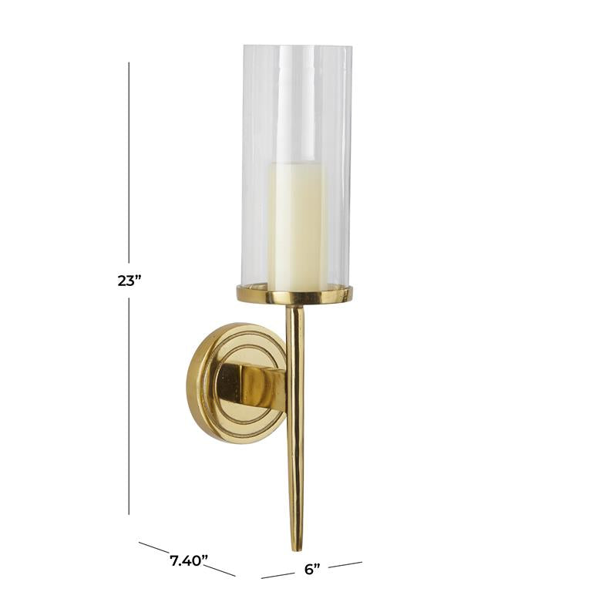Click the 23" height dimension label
[129, 281]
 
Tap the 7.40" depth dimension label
[189, 560]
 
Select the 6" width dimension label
[312, 569]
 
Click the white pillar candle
[297, 226]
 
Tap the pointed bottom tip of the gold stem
[296, 550]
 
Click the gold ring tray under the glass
[294, 294]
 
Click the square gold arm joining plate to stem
[251, 385]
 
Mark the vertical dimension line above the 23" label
[129, 163]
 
